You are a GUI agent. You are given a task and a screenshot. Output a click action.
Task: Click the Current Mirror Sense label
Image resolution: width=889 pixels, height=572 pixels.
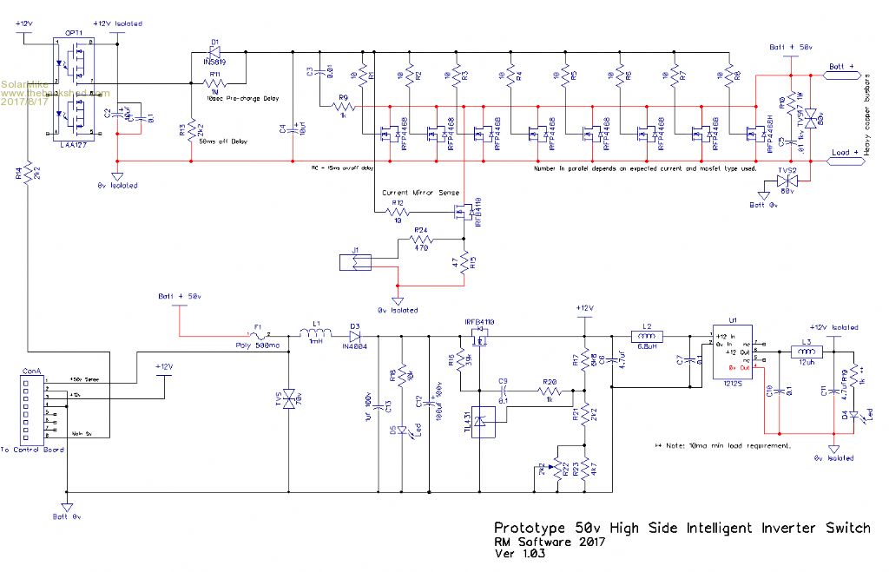coord(421,193)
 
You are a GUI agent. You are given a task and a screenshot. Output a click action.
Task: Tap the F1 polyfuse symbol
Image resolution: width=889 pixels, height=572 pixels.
coord(257,335)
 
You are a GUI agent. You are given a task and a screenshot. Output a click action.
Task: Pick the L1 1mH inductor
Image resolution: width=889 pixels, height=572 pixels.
coord(315,334)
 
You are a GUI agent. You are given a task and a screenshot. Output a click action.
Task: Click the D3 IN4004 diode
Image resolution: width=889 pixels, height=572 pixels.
coord(356,335)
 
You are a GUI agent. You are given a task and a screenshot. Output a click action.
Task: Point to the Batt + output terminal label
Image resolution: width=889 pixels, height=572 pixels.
coord(843,67)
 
